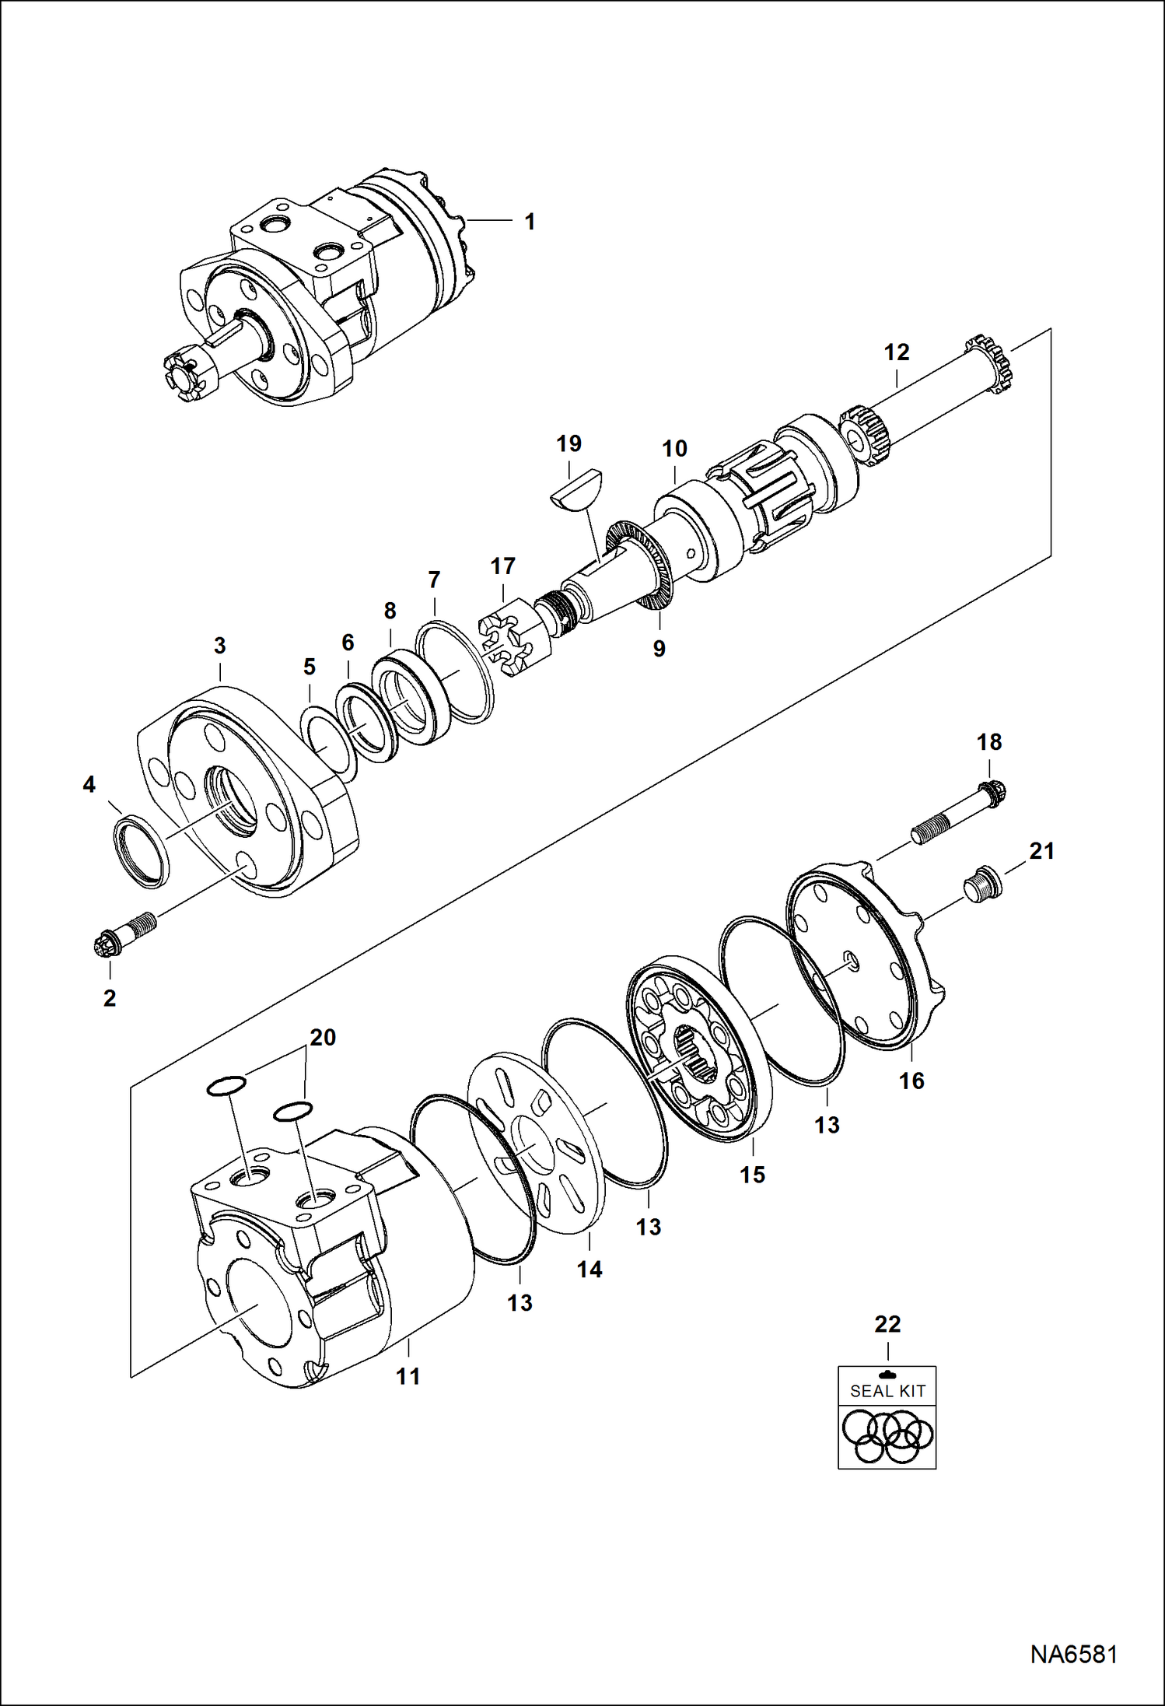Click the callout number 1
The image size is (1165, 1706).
530,222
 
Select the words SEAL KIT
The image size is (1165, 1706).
887,1391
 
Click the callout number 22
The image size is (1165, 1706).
887,1324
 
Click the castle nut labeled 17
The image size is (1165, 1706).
513,635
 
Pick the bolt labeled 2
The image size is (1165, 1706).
124,934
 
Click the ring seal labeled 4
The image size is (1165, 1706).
142,852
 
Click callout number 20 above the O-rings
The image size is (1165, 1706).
323,1038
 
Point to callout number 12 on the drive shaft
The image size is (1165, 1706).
896,352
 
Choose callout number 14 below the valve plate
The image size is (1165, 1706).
589,1270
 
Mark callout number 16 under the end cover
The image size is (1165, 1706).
911,1081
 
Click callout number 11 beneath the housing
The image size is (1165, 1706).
408,1376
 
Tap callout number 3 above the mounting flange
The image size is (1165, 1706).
219,646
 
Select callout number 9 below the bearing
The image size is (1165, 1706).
659,649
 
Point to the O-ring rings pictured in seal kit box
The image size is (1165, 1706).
887,1436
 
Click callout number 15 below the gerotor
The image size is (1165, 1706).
752,1175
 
